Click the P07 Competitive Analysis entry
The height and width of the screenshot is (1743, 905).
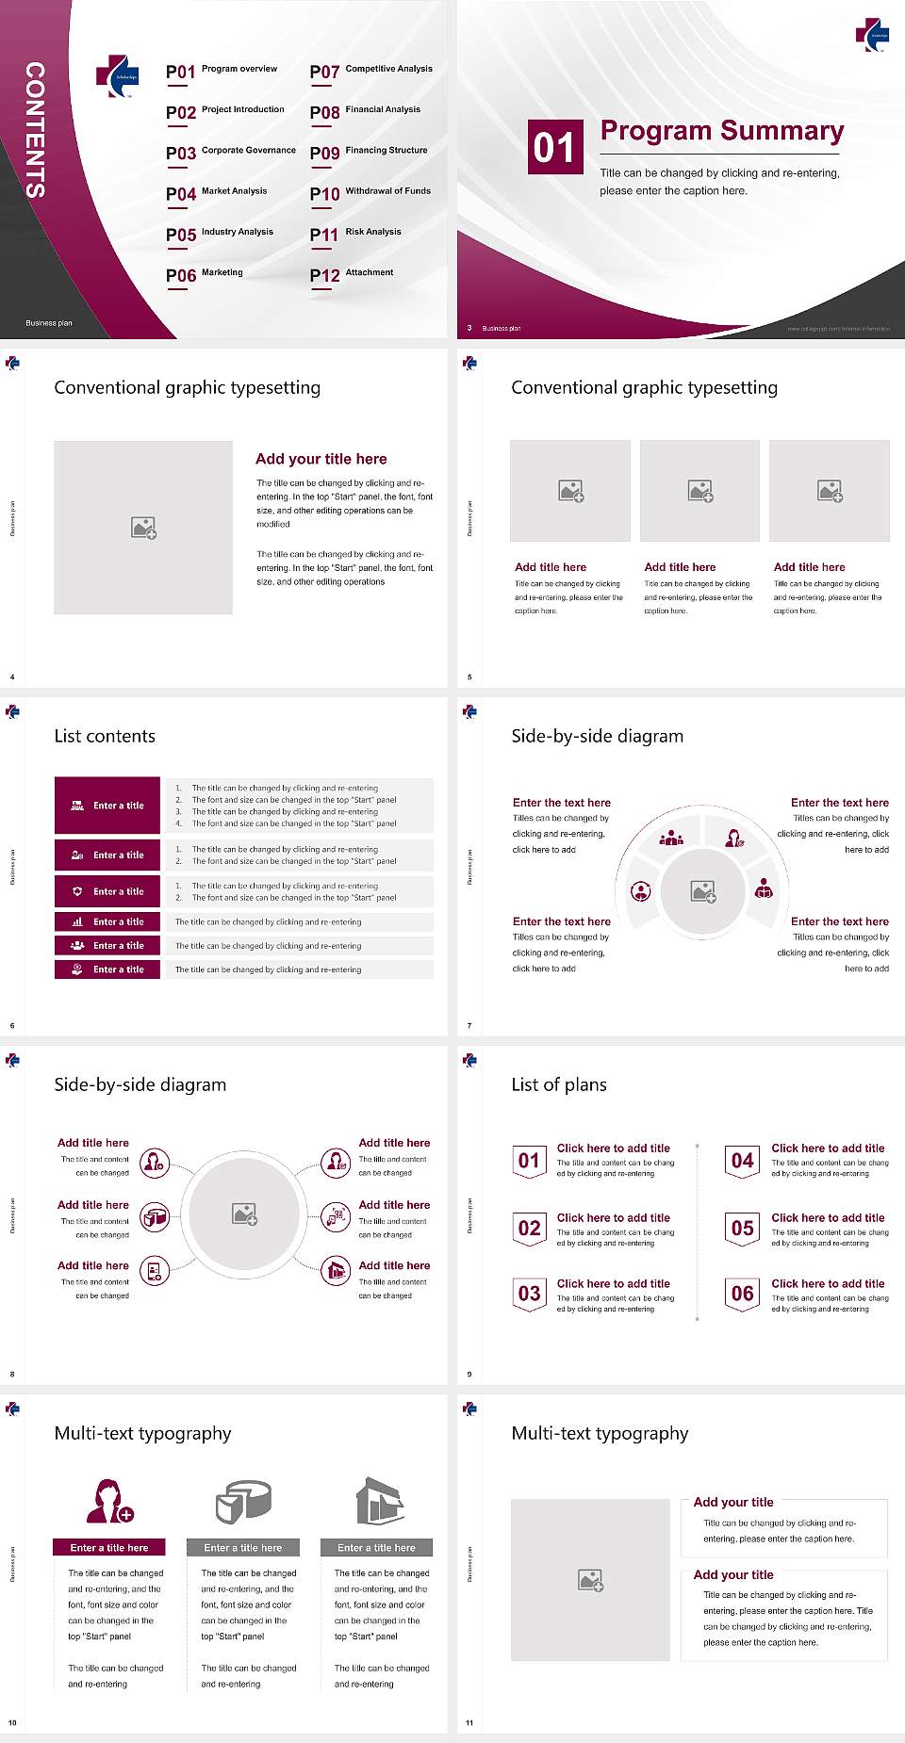pos(371,71)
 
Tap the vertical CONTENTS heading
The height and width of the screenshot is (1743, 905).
pos(35,129)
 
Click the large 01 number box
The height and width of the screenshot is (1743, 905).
pos(554,147)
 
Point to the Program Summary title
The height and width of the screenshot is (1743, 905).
pos(721,131)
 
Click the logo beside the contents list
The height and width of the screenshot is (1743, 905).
pos(117,76)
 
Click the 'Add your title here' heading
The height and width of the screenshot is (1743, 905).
pos(321,459)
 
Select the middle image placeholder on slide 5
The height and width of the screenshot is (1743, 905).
pos(699,490)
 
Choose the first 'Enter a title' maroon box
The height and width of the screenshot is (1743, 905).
pos(107,806)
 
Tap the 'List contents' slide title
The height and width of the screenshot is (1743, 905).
pos(105,736)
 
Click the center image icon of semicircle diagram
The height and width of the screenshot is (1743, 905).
pos(703,890)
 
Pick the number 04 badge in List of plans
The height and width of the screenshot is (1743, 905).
pos(743,1162)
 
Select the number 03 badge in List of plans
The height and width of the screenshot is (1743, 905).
pos(530,1295)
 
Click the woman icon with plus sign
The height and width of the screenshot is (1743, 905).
pos(109,1501)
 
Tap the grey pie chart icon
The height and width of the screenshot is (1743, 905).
pos(243,1500)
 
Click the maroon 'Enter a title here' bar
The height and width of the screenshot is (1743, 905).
pos(108,1548)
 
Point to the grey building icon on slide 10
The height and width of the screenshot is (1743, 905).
pos(379,1500)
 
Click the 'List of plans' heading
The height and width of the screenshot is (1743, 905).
pos(559,1084)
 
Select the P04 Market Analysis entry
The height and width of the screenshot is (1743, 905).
pos(217,193)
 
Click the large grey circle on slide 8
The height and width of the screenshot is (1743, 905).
pos(244,1214)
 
